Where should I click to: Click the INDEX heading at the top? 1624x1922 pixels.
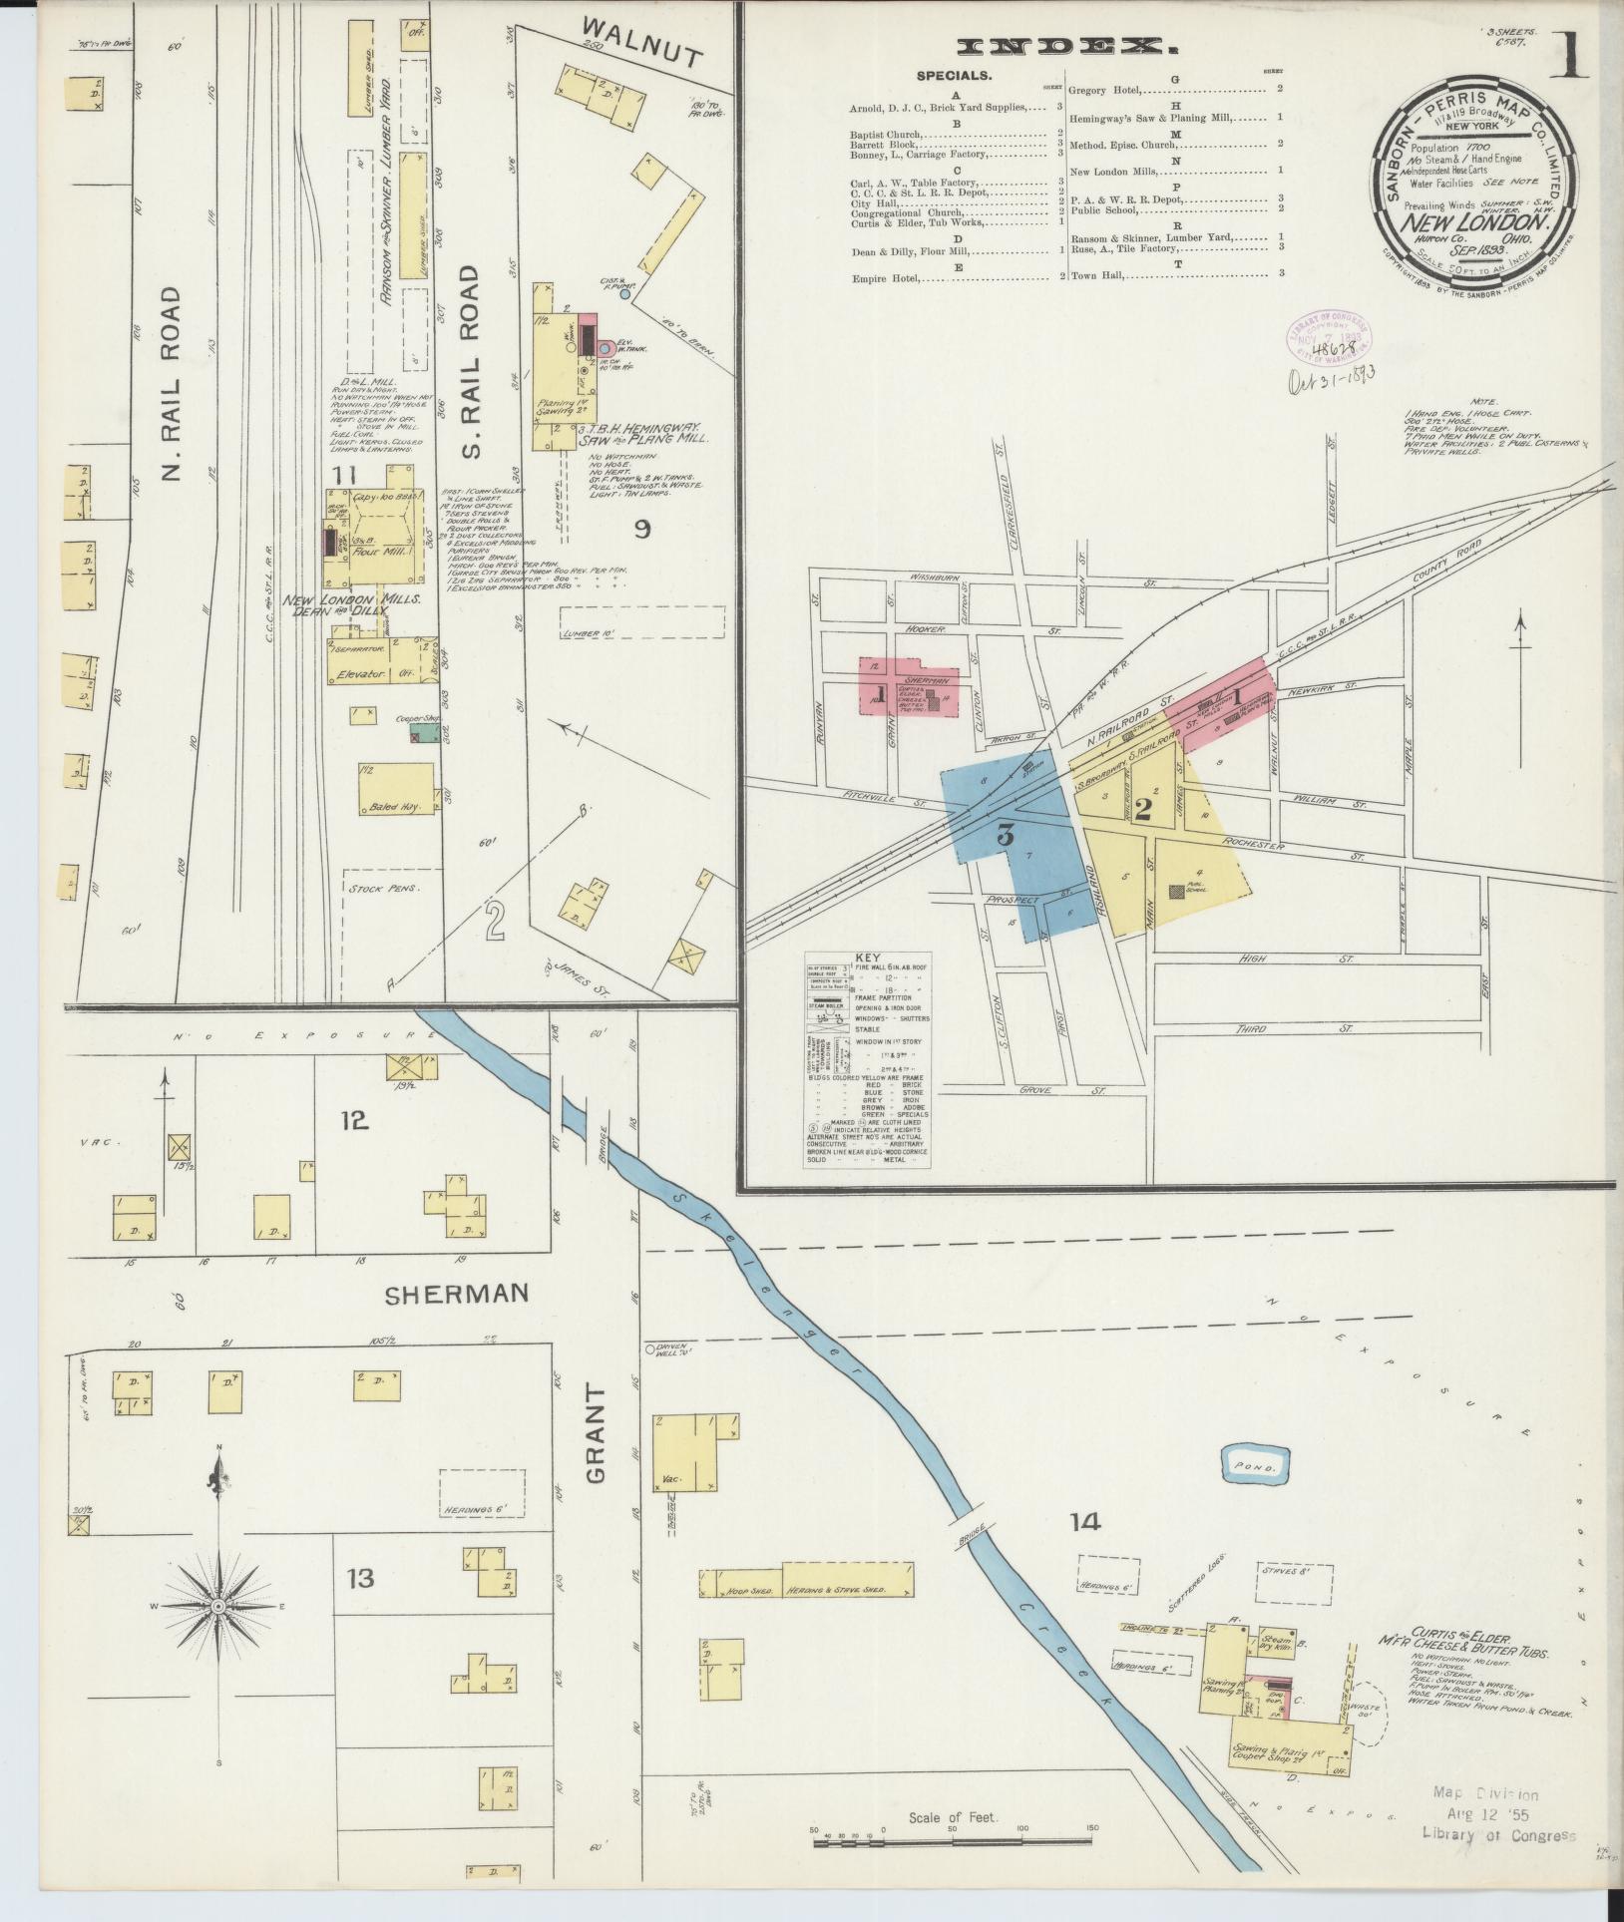click(x=1062, y=46)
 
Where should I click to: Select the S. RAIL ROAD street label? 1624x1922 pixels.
click(x=471, y=374)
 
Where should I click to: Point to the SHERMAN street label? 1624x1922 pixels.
click(x=456, y=1293)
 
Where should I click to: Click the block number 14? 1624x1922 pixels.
click(x=1085, y=1549)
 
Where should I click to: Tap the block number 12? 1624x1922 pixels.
click(x=354, y=1121)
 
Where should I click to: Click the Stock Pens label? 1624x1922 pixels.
click(x=382, y=887)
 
